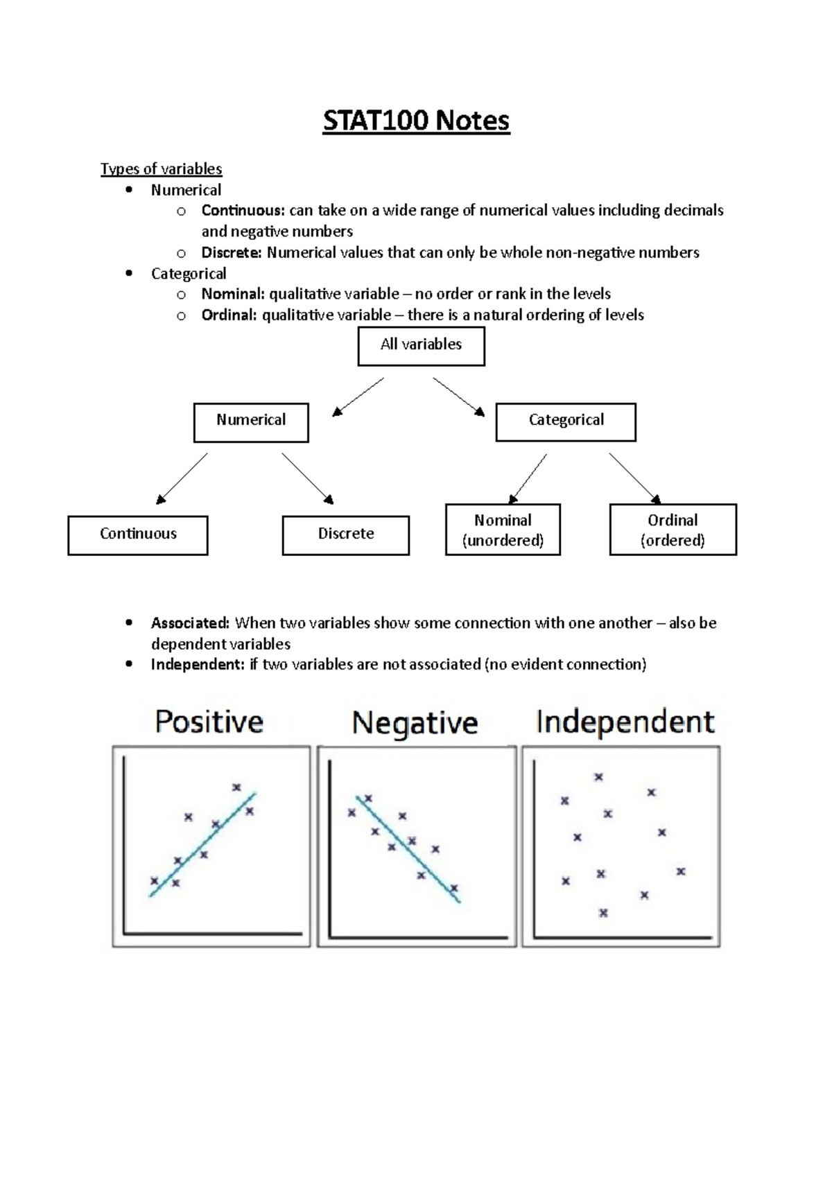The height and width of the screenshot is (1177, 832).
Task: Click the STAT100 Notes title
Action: (x=416, y=121)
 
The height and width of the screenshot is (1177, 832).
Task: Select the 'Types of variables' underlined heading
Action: (x=161, y=169)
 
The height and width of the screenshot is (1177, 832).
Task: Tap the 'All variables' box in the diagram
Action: (x=421, y=346)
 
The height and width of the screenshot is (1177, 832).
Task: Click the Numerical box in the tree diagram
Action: (x=251, y=422)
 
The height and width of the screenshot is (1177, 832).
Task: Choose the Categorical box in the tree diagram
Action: (x=566, y=422)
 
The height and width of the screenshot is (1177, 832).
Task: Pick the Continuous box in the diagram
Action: (x=138, y=534)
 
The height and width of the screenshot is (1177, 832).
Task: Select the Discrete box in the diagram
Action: (x=345, y=534)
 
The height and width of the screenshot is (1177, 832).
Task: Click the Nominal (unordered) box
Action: (x=503, y=530)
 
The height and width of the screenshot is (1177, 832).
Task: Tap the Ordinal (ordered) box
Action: (x=673, y=530)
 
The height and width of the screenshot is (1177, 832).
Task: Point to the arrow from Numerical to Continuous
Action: (x=182, y=478)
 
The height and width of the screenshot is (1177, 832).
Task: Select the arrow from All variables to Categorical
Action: (x=458, y=396)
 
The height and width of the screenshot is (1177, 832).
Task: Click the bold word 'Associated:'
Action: (x=190, y=623)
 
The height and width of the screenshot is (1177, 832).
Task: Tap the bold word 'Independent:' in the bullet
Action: (x=198, y=665)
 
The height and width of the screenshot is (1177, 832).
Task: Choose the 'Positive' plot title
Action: (x=209, y=722)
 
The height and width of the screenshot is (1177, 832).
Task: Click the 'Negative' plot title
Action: (x=415, y=723)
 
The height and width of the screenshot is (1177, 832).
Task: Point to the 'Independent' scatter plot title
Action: (x=625, y=722)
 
